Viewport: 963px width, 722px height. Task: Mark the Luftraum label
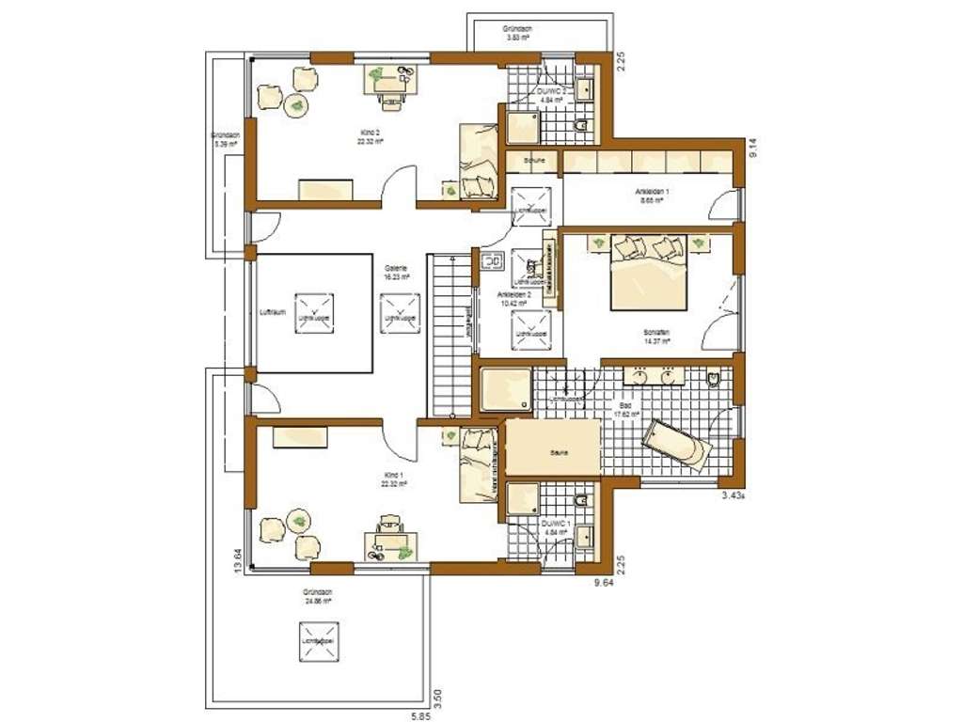pyautogui.click(x=272, y=312)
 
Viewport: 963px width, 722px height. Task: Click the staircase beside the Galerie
pyautogui.click(x=449, y=333)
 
